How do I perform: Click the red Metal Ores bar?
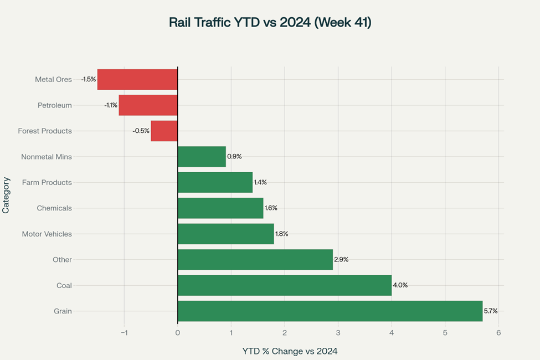(137, 79)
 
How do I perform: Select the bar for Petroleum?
(148, 105)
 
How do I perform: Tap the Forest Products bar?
(164, 131)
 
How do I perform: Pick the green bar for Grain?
(330, 311)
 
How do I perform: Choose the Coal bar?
(285, 285)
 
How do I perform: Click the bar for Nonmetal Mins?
(202, 157)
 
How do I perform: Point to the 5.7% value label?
(491, 311)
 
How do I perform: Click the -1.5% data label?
(88, 79)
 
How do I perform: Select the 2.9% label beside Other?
(341, 260)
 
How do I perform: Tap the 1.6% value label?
(271, 208)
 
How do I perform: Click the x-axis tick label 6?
(498, 333)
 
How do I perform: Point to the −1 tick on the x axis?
(124, 333)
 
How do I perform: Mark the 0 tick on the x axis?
(177, 333)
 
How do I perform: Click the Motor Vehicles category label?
(47, 234)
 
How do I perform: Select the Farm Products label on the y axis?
(47, 182)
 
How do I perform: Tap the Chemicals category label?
(54, 208)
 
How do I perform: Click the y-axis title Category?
(6, 195)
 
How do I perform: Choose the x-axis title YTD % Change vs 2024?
(290, 351)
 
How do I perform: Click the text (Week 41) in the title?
(343, 23)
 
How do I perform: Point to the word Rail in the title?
(181, 23)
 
